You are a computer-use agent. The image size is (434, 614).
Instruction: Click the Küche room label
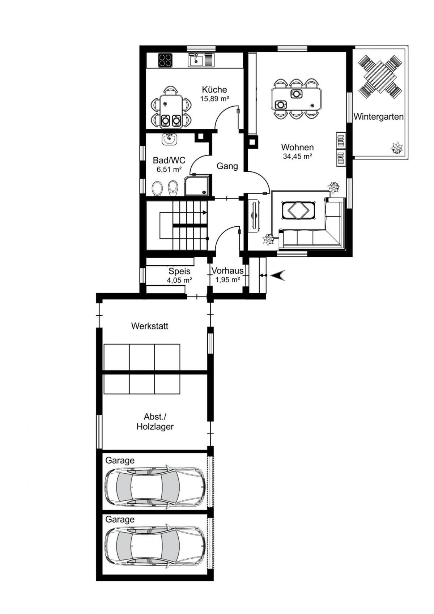(x=214, y=90)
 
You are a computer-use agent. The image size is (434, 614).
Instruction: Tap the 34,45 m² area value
(x=298, y=157)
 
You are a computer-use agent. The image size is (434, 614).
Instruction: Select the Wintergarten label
(x=378, y=117)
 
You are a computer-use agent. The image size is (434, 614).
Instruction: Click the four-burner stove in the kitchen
(x=165, y=60)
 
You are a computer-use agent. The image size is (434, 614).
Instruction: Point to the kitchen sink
(x=201, y=60)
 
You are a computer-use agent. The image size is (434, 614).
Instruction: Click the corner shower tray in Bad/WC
(x=197, y=186)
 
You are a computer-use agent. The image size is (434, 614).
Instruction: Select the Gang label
(x=227, y=166)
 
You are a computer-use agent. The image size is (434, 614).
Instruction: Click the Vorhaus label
(x=227, y=271)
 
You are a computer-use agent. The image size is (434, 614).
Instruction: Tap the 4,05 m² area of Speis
(x=179, y=280)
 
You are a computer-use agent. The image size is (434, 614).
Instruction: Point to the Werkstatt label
(x=150, y=326)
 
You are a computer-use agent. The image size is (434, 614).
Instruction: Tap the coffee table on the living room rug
(x=298, y=210)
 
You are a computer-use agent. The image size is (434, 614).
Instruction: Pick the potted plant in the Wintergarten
(x=397, y=148)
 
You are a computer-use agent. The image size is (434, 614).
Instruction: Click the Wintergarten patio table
(x=380, y=77)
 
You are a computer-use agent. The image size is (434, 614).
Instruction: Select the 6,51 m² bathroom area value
(x=169, y=169)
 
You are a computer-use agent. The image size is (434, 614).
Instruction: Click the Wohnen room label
(x=297, y=147)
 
